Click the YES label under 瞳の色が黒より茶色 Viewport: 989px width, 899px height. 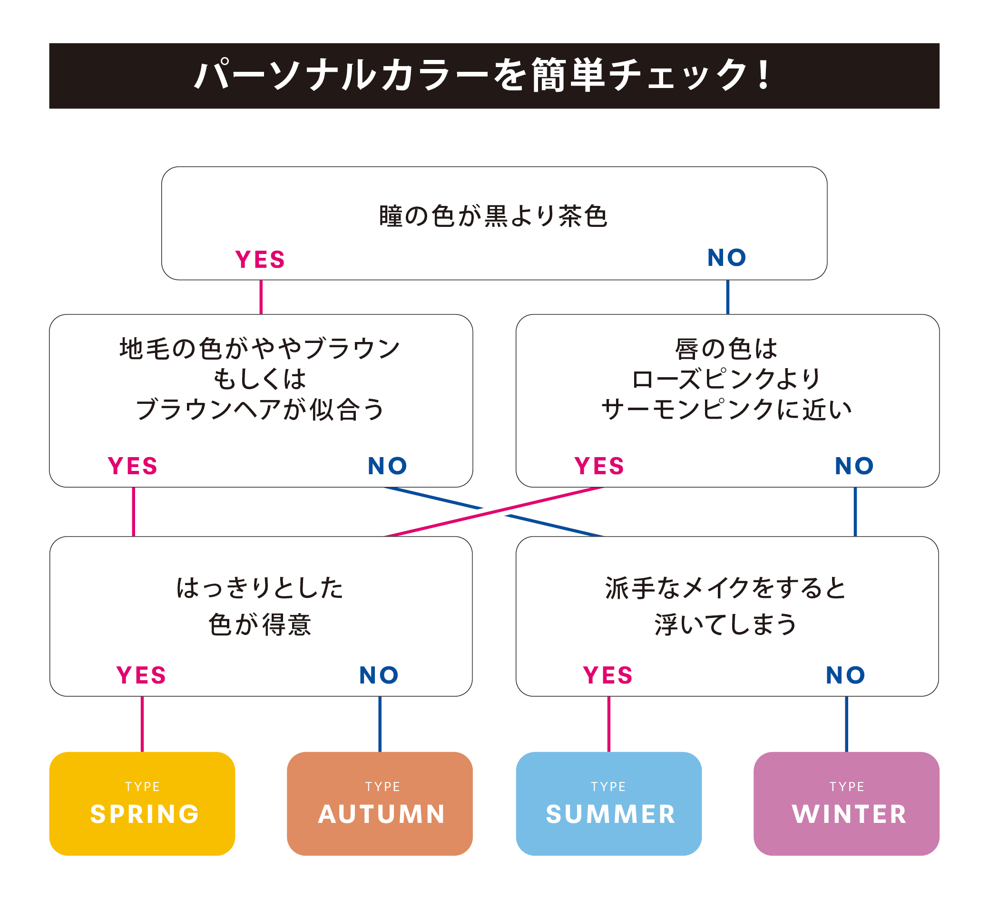(260, 259)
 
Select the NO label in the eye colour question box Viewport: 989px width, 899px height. (726, 257)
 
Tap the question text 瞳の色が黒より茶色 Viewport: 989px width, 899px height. (493, 216)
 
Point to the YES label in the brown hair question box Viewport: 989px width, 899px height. (132, 466)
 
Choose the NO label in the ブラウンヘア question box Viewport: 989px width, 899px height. (388, 466)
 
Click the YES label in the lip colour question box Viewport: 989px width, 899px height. (599, 466)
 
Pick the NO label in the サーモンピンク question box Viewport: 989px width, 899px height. (854, 466)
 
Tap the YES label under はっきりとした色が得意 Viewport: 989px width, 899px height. (141, 675)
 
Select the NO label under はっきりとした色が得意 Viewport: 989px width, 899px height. (379, 675)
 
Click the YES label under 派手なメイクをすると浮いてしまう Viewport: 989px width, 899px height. (608, 675)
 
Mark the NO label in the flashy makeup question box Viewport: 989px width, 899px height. (845, 675)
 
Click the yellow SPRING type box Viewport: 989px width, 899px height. (142, 804)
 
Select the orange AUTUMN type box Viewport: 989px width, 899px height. (380, 804)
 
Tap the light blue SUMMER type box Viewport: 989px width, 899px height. (609, 804)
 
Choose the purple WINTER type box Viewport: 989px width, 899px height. (846, 804)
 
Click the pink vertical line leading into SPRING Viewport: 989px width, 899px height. (142, 724)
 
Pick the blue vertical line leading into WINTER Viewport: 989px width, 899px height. (846, 724)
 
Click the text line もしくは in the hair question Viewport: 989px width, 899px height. (260, 379)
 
